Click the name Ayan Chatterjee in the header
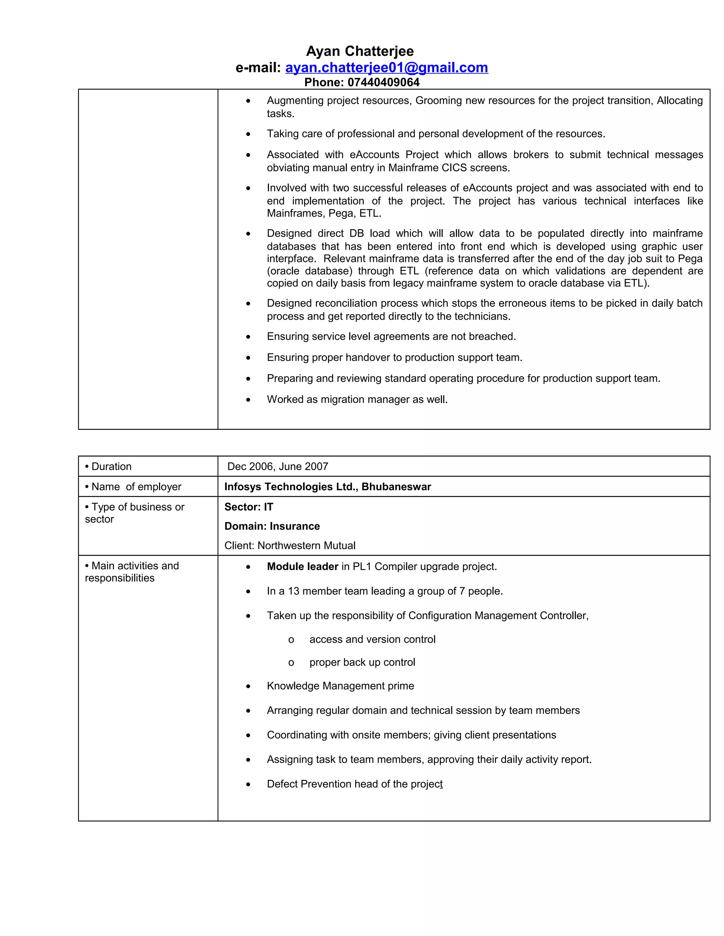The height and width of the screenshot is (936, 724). (360, 52)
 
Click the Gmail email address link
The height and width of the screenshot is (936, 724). (386, 68)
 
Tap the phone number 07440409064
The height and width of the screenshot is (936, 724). (383, 82)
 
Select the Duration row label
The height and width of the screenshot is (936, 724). (109, 466)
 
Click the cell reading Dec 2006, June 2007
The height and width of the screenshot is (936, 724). (278, 466)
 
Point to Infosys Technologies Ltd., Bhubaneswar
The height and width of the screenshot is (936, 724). (327, 486)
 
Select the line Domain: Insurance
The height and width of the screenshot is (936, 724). (272, 526)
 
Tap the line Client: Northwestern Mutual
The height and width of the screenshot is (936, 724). (290, 546)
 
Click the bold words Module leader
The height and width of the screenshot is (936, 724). (302, 567)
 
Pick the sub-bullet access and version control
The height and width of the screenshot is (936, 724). (372, 639)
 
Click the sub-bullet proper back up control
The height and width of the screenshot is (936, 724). (362, 662)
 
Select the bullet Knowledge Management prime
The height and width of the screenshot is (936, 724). (340, 686)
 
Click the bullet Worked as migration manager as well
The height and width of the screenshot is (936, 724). (357, 399)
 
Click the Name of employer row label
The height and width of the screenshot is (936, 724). (133, 486)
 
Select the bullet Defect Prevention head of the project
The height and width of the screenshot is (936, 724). (354, 784)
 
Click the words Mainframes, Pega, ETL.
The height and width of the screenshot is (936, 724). (324, 213)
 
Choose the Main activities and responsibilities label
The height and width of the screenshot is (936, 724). (132, 572)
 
